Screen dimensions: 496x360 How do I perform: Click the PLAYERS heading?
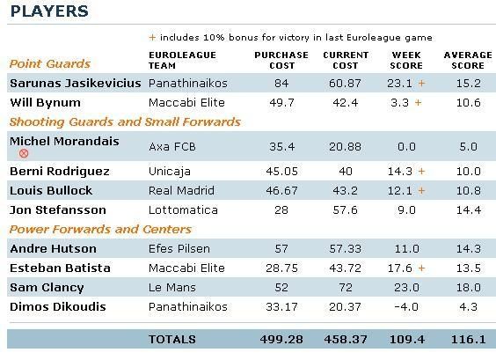49,11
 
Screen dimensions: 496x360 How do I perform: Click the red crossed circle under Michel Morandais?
24,153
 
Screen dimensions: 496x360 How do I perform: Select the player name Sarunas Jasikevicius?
76,84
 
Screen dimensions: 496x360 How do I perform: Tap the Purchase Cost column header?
281,60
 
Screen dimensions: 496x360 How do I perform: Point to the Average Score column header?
468,60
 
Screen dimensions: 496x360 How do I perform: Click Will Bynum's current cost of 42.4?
345,103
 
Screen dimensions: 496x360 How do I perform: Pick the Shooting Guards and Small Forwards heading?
125,122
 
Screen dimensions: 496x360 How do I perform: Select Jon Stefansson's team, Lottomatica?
183,209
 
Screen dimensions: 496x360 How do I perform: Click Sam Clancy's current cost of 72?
345,288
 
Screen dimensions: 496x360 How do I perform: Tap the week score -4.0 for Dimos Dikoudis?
406,307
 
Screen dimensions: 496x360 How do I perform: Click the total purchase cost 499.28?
281,340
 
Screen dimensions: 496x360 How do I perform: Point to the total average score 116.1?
468,340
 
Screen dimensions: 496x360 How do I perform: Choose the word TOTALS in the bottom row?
172,340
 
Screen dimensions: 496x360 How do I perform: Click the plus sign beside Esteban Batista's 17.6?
421,268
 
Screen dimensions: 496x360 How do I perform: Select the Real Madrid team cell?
181,191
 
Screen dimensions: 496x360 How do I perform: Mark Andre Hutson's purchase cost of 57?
281,249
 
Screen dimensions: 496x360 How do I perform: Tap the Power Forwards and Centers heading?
100,229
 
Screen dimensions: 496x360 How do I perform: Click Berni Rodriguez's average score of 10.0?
468,172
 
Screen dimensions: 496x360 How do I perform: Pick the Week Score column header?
406,60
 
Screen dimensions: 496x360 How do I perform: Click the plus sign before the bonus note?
152,38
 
